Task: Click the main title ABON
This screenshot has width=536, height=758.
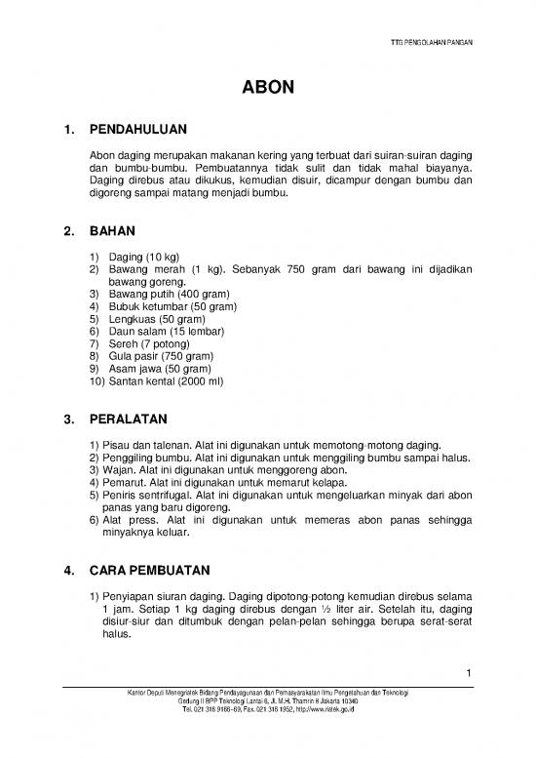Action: pyautogui.click(x=267, y=91)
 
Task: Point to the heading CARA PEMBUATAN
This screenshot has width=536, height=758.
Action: pyautogui.click(x=157, y=569)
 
